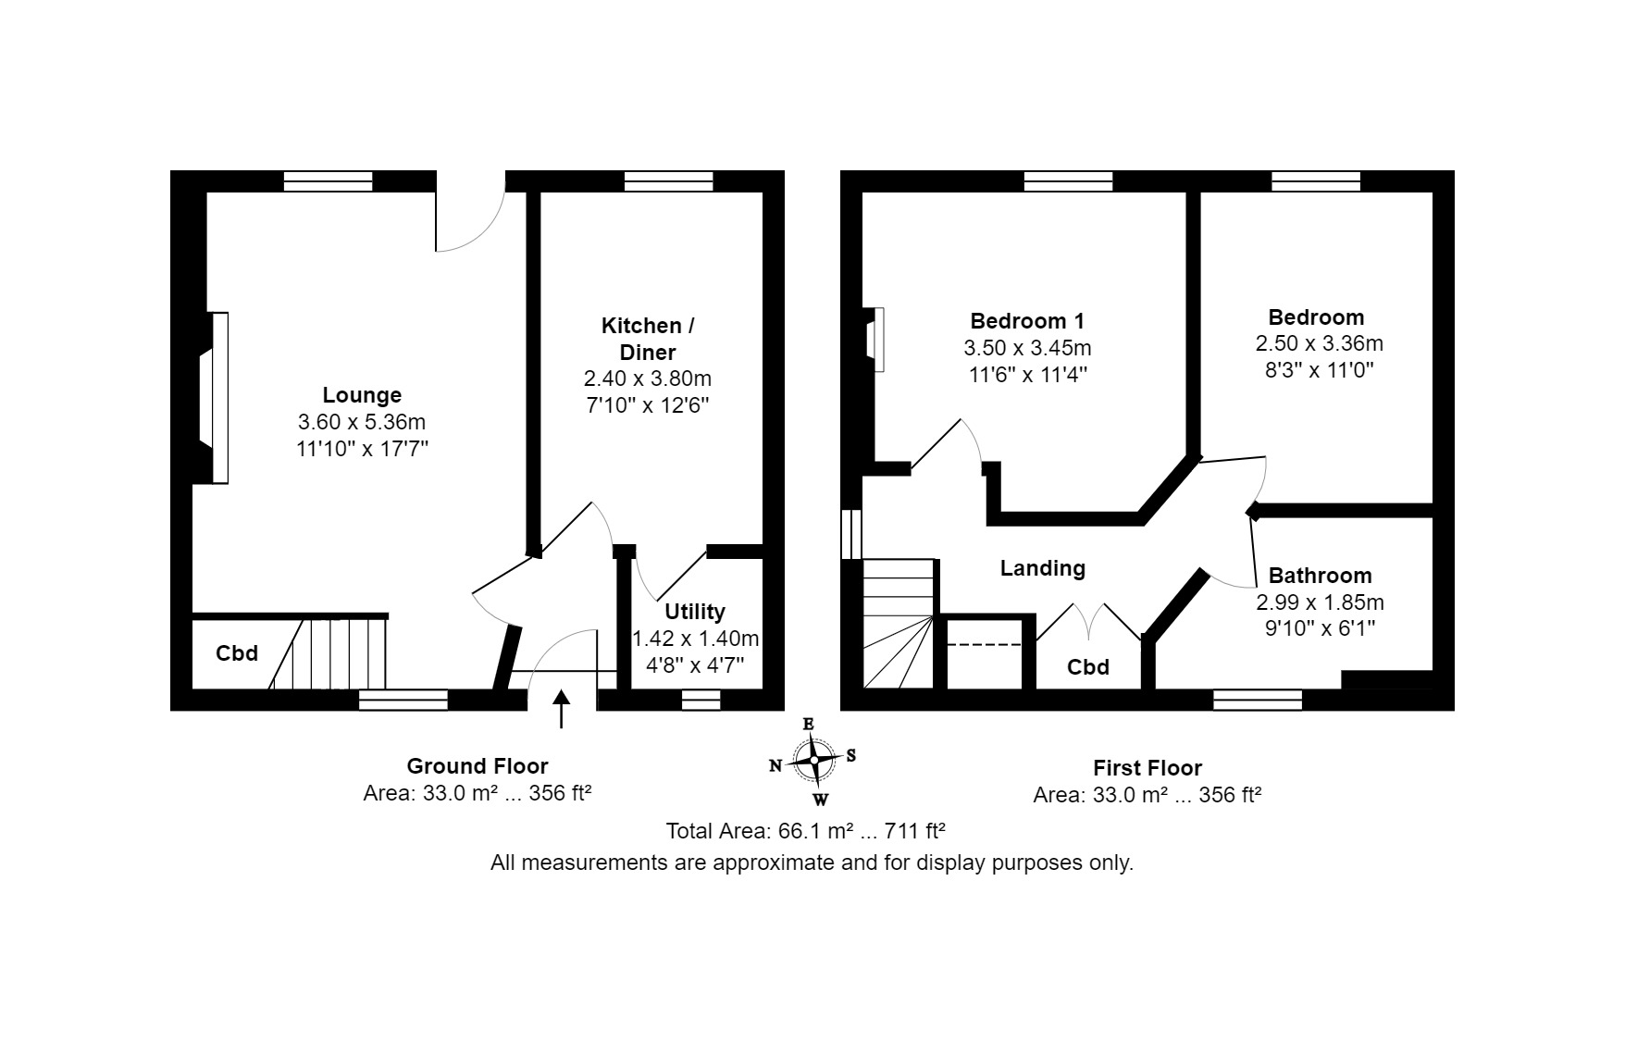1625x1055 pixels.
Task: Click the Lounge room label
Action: [362, 395]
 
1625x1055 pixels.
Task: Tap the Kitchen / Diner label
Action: [648, 339]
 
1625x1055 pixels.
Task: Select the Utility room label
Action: [695, 612]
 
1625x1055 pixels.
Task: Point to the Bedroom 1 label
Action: [1027, 321]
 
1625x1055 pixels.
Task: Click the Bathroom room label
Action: [1320, 576]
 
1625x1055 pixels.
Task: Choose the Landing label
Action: [1043, 568]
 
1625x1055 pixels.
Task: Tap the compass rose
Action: [813, 761]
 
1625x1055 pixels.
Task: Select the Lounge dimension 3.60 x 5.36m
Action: [362, 422]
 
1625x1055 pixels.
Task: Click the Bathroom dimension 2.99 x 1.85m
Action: [1320, 602]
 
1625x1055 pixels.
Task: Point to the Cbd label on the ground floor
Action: [237, 653]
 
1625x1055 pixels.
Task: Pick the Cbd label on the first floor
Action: [1088, 667]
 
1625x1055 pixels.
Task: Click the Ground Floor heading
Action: [478, 766]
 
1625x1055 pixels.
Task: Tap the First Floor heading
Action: [1147, 768]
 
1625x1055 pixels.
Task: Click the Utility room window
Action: [701, 701]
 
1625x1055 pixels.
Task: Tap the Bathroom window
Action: [1258, 701]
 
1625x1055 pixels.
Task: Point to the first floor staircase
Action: [899, 624]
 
